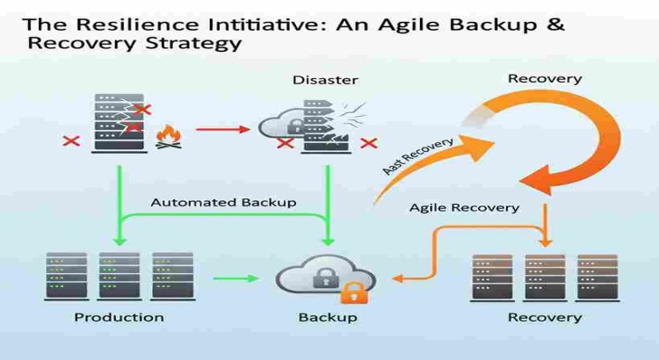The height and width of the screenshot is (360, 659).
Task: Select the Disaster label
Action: click(x=325, y=80)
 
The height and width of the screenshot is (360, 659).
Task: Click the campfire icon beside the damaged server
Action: click(x=168, y=137)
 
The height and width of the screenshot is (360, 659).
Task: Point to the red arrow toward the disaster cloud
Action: click(x=224, y=129)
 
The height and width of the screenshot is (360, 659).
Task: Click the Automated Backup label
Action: click(x=223, y=202)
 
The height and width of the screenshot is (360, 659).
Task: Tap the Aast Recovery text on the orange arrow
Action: click(x=417, y=155)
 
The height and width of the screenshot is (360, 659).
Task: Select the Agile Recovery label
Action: click(x=464, y=208)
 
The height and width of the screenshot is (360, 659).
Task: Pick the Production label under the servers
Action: click(x=119, y=317)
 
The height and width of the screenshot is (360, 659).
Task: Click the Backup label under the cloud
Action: click(x=328, y=317)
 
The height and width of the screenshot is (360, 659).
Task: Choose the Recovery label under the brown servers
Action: click(x=545, y=317)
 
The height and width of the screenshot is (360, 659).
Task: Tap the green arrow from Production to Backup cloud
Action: click(x=235, y=278)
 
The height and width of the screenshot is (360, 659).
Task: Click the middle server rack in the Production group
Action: click(x=119, y=276)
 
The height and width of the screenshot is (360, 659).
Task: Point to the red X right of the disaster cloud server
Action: click(x=368, y=142)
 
